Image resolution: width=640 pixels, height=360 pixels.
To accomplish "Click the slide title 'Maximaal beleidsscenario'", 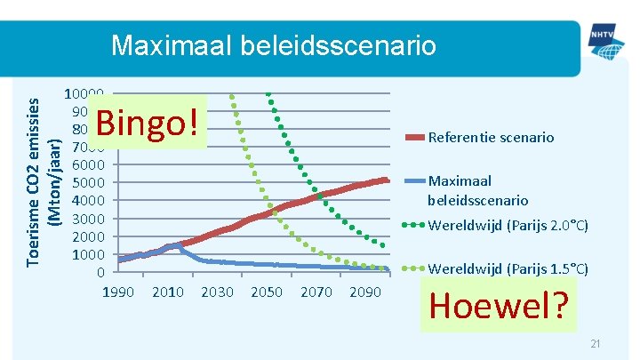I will tap(273, 44).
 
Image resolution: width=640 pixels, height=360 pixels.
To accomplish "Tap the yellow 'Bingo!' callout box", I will tap(148, 124).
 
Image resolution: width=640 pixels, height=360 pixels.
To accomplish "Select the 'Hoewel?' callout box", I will tap(498, 306).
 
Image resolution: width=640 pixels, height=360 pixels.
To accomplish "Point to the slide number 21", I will tap(595, 344).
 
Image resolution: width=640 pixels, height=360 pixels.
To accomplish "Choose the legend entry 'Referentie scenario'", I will tap(491, 138).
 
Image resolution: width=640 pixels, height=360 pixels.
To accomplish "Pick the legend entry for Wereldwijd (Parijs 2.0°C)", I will tap(508, 225).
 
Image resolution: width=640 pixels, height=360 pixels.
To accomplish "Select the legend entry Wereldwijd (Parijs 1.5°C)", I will tap(508, 268).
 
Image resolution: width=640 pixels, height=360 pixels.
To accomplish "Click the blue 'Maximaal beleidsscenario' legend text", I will tap(477, 190).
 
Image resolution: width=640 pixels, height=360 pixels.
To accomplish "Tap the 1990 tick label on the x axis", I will tap(119, 292).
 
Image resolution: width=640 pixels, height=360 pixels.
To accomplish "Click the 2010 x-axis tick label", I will tap(168, 292).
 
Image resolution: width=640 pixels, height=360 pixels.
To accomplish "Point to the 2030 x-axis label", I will tap(218, 292).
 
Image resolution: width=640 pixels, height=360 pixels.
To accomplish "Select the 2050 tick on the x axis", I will tap(267, 292).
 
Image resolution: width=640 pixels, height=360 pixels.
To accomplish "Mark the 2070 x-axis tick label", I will tap(316, 292).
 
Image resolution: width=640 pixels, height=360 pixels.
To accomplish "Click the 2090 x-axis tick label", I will tap(365, 292).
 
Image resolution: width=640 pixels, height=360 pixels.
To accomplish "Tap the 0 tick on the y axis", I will tap(101, 272).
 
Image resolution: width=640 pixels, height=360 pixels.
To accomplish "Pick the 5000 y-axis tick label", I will tap(89, 183).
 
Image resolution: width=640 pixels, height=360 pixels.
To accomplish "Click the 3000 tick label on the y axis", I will tap(89, 219).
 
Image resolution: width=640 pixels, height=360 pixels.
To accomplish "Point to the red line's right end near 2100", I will tap(387, 180).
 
